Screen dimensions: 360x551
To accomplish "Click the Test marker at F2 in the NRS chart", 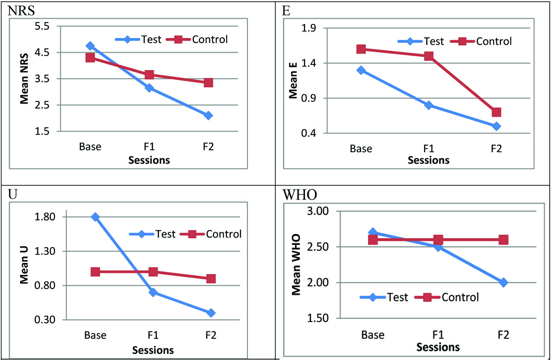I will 208,115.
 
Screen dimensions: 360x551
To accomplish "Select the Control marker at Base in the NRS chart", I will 90,58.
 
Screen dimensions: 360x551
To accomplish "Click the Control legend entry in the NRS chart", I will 210,39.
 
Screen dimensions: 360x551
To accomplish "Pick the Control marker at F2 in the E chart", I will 496,112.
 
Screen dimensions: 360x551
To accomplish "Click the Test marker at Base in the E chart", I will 361,70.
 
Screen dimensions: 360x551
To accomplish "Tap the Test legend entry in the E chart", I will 433,41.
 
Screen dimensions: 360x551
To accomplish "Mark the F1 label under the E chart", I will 429,149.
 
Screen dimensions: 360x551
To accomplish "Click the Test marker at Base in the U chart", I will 95,217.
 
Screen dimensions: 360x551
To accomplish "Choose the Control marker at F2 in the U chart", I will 211,279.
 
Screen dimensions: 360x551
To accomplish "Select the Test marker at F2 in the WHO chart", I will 503,283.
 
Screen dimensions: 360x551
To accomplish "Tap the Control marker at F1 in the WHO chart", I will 438,240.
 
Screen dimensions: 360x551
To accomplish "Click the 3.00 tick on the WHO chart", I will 317,212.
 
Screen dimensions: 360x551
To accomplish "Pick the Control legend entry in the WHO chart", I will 460,297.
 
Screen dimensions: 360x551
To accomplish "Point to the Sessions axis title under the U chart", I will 153,350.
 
